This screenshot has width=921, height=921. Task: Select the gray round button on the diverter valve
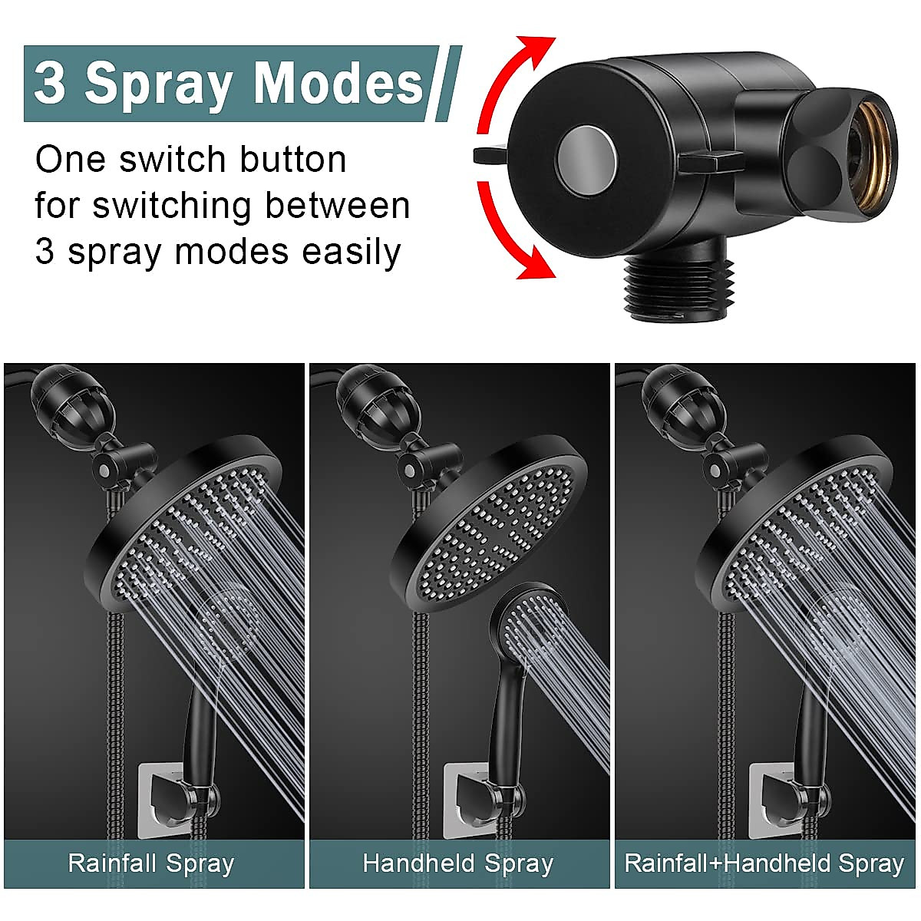(586, 160)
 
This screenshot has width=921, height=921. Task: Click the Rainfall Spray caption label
(151, 863)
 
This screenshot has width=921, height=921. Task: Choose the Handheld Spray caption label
(458, 863)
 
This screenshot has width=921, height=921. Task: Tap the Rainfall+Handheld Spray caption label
(764, 863)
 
